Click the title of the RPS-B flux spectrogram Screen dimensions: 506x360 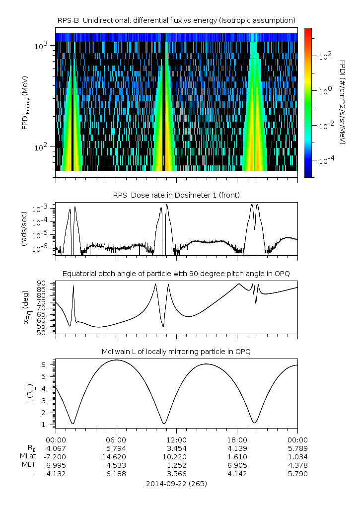pyautogui.click(x=176, y=20)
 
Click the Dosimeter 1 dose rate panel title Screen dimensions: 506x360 pyautogui.click(x=176, y=195)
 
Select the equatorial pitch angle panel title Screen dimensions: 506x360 pyautogui.click(x=176, y=274)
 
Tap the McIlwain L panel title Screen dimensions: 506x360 pyautogui.click(x=176, y=352)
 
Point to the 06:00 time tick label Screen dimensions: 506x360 pyautogui.click(x=116, y=440)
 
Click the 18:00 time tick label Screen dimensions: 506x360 pyautogui.click(x=237, y=440)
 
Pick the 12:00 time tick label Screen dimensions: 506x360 pyautogui.click(x=176, y=440)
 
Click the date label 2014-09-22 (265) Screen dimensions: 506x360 pyautogui.click(x=176, y=483)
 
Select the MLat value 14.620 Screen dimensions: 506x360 pyautogui.click(x=116, y=456)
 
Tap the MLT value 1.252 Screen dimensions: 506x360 pyautogui.click(x=176, y=465)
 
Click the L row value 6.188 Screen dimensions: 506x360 pyautogui.click(x=116, y=474)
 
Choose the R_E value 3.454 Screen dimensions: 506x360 pyautogui.click(x=176, y=447)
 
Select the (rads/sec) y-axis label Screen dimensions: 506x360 pyautogui.click(x=23, y=228)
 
